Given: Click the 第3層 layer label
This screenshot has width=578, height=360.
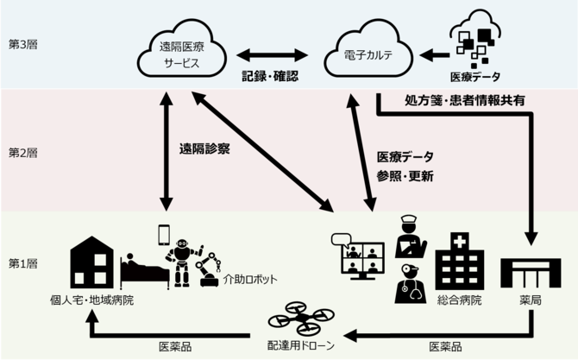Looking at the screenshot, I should click(22, 43).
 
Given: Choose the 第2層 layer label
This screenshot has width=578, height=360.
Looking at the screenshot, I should click(22, 153).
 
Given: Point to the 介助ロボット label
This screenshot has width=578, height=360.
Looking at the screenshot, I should click(251, 280).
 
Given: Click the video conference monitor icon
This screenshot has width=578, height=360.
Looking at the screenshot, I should click(355, 255).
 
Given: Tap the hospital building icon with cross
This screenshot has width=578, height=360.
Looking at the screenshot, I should click(458, 260).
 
